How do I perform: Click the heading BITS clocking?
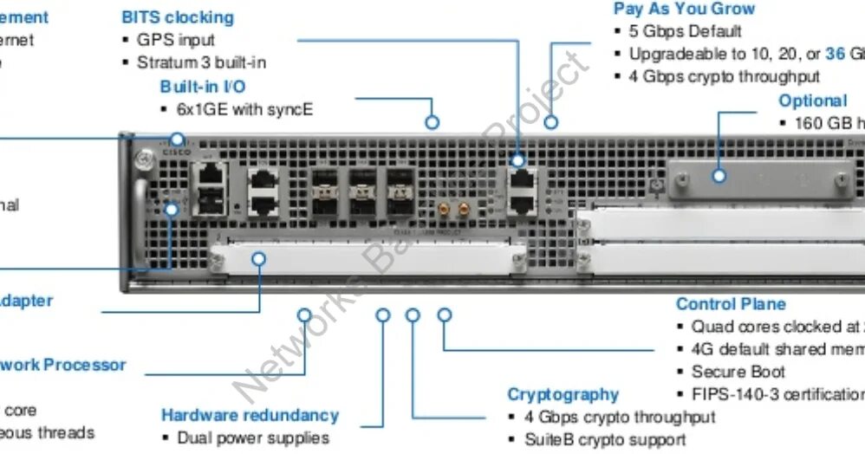coord(178,16)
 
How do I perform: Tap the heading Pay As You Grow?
coord(684,9)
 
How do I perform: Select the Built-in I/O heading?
coord(203,87)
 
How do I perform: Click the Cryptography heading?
coord(563,394)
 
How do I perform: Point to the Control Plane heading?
coord(731,304)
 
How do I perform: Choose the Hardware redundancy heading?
coord(250,415)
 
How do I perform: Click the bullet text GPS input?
coord(176,40)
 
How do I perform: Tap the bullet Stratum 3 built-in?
coord(201,62)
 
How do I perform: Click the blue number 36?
coord(835,54)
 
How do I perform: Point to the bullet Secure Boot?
coord(738,372)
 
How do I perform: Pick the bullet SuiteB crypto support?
coord(604,439)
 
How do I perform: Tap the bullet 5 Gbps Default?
coord(685,31)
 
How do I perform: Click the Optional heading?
coord(812,101)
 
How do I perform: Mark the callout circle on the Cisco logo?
coord(177,139)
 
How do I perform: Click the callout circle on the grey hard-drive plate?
coord(719,176)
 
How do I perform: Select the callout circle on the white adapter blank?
coord(260,257)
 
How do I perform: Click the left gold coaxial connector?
coord(443,208)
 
